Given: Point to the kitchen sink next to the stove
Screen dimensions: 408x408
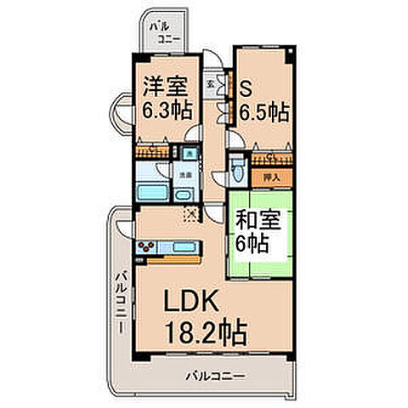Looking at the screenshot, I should [x=184, y=248].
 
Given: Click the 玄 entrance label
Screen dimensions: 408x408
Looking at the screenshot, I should [x=211, y=85].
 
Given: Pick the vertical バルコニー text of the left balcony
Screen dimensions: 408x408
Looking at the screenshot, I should [x=122, y=301].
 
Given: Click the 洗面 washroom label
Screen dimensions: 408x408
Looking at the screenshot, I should [x=183, y=175].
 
